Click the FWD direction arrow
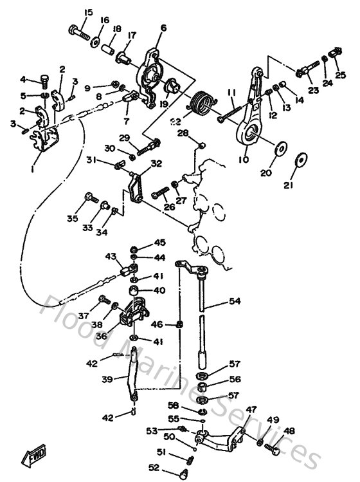[32, 458]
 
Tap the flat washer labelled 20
[280, 147]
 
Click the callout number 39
[105, 379]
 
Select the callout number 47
[251, 409]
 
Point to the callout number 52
[154, 468]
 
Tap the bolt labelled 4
[44, 80]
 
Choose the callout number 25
[340, 75]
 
